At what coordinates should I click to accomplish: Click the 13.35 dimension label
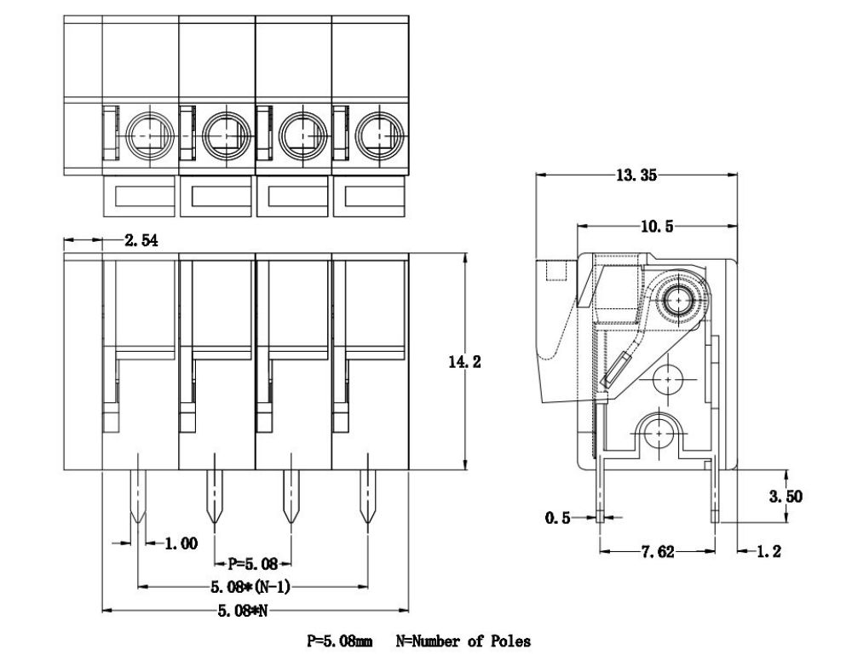pos(636,175)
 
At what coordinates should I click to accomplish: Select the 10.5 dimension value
pos(657,226)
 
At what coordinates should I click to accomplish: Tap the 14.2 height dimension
pos(464,362)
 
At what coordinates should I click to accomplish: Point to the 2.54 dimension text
pos(141,240)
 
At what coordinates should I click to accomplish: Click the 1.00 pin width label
pos(181,543)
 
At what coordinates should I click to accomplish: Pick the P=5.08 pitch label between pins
pos(253,564)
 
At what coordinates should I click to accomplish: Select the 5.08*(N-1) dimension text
pos(250,587)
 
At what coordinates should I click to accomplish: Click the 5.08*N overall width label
pos(243,611)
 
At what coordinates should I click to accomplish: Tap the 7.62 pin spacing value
pos(658,552)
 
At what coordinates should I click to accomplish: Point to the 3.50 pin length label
pos(786,497)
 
